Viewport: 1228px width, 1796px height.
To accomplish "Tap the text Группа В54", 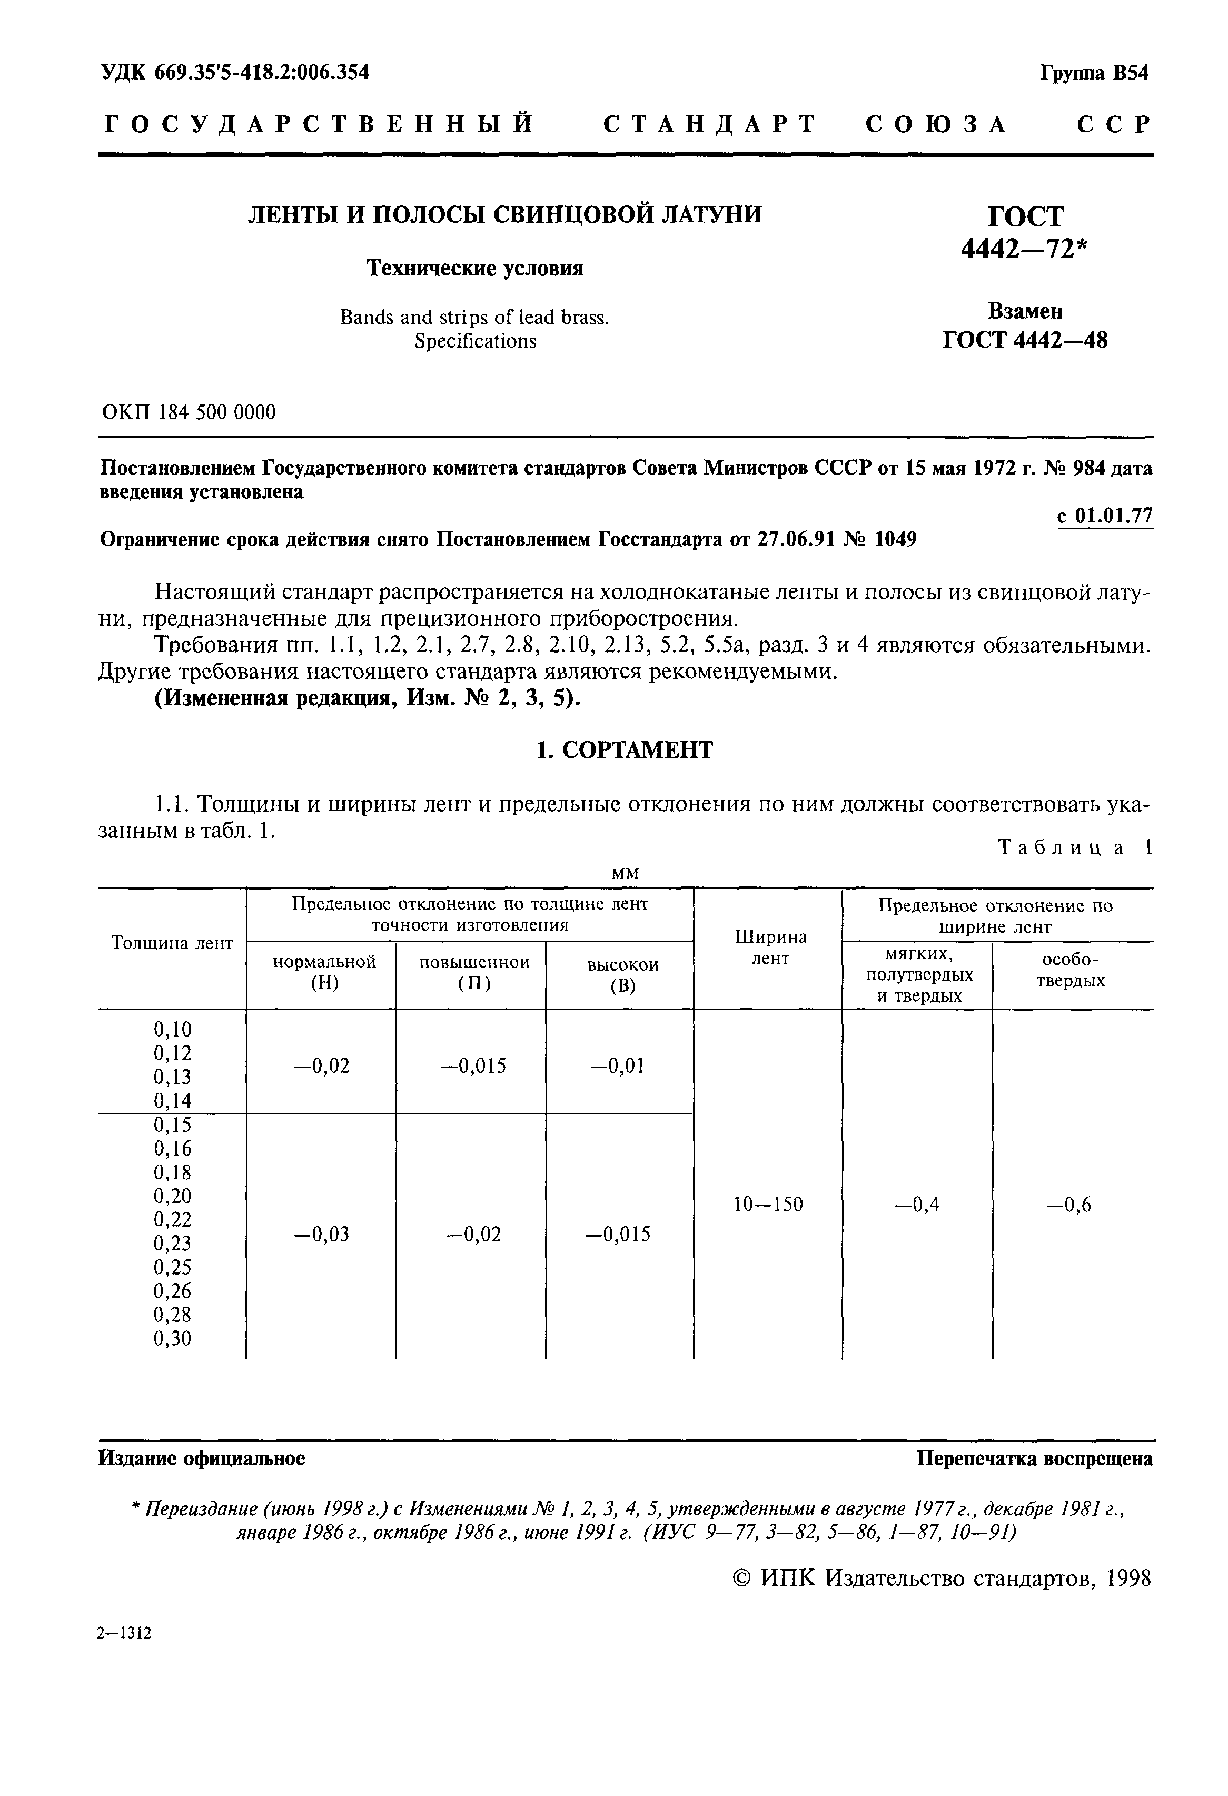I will click(x=1094, y=73).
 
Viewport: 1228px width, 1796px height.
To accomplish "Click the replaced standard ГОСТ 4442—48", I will click(x=1025, y=340).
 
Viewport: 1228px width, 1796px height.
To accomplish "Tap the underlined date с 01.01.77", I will click(x=1104, y=516).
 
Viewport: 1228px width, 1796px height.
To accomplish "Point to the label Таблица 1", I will click(x=1075, y=848).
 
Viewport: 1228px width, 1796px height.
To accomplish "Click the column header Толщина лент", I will click(x=172, y=944).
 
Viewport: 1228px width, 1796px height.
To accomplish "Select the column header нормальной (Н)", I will click(x=324, y=972).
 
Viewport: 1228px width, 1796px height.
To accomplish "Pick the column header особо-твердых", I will click(x=1071, y=971).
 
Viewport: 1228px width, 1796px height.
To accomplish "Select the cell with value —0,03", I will click(x=322, y=1235).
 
